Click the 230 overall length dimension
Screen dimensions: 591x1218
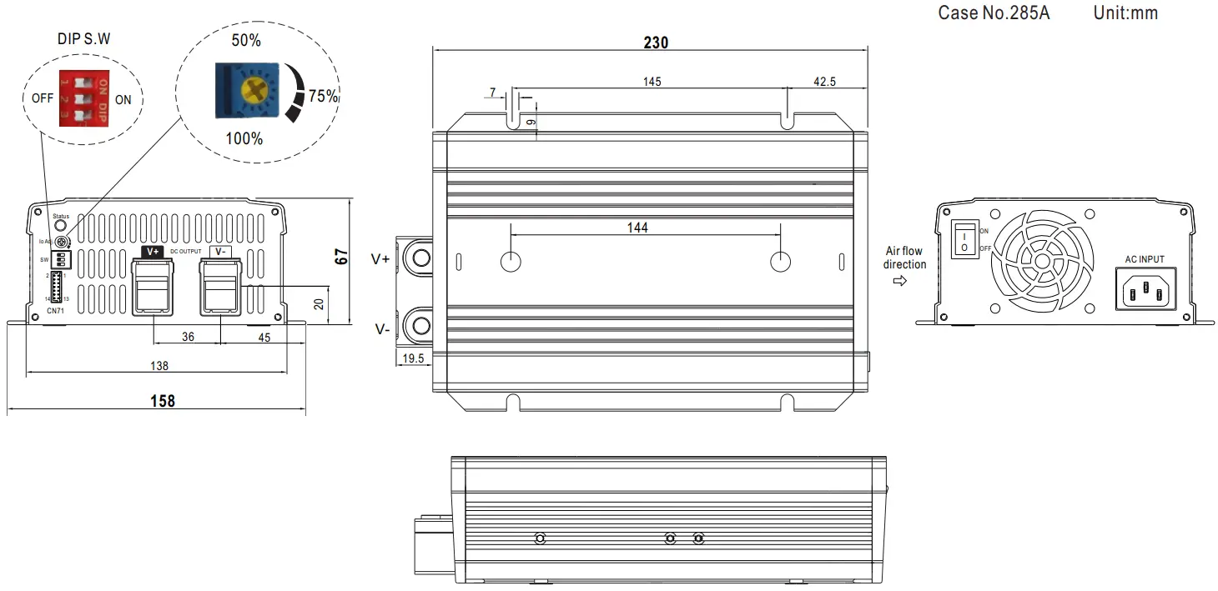pyautogui.click(x=656, y=43)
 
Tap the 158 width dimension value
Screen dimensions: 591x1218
pyautogui.click(x=162, y=401)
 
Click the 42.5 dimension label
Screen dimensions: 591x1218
pyautogui.click(x=823, y=82)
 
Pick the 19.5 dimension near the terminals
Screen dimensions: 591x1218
pyautogui.click(x=413, y=358)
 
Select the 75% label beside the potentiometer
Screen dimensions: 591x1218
pyautogui.click(x=323, y=97)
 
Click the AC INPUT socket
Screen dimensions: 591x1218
pyautogui.click(x=1145, y=289)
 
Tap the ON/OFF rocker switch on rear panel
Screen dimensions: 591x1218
pyautogui.click(x=964, y=240)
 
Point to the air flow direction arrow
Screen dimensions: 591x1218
pyautogui.click(x=899, y=281)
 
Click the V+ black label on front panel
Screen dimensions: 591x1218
pyautogui.click(x=153, y=252)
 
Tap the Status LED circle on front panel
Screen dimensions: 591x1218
pyautogui.click(x=60, y=226)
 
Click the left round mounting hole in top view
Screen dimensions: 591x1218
pyautogui.click(x=511, y=262)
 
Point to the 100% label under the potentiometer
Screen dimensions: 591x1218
pyautogui.click(x=244, y=138)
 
